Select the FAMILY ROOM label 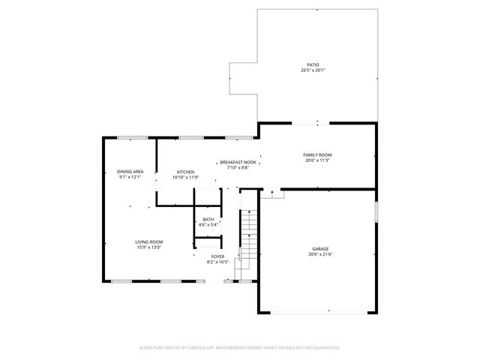tap(318, 154)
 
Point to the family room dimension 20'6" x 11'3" tap(318, 160)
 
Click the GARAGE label tap(320, 249)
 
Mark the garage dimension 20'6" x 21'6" tap(320, 255)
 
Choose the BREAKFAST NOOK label tap(238, 162)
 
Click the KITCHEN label tap(185, 172)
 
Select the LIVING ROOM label tap(148, 241)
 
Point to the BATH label tap(208, 219)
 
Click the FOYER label tap(217, 256)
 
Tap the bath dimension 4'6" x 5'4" tap(208, 225)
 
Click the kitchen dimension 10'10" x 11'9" tap(185, 178)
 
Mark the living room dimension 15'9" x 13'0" tap(148, 247)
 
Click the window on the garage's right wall tap(376, 212)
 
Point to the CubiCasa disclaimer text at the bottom tap(240, 348)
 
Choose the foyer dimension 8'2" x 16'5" tap(217, 262)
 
